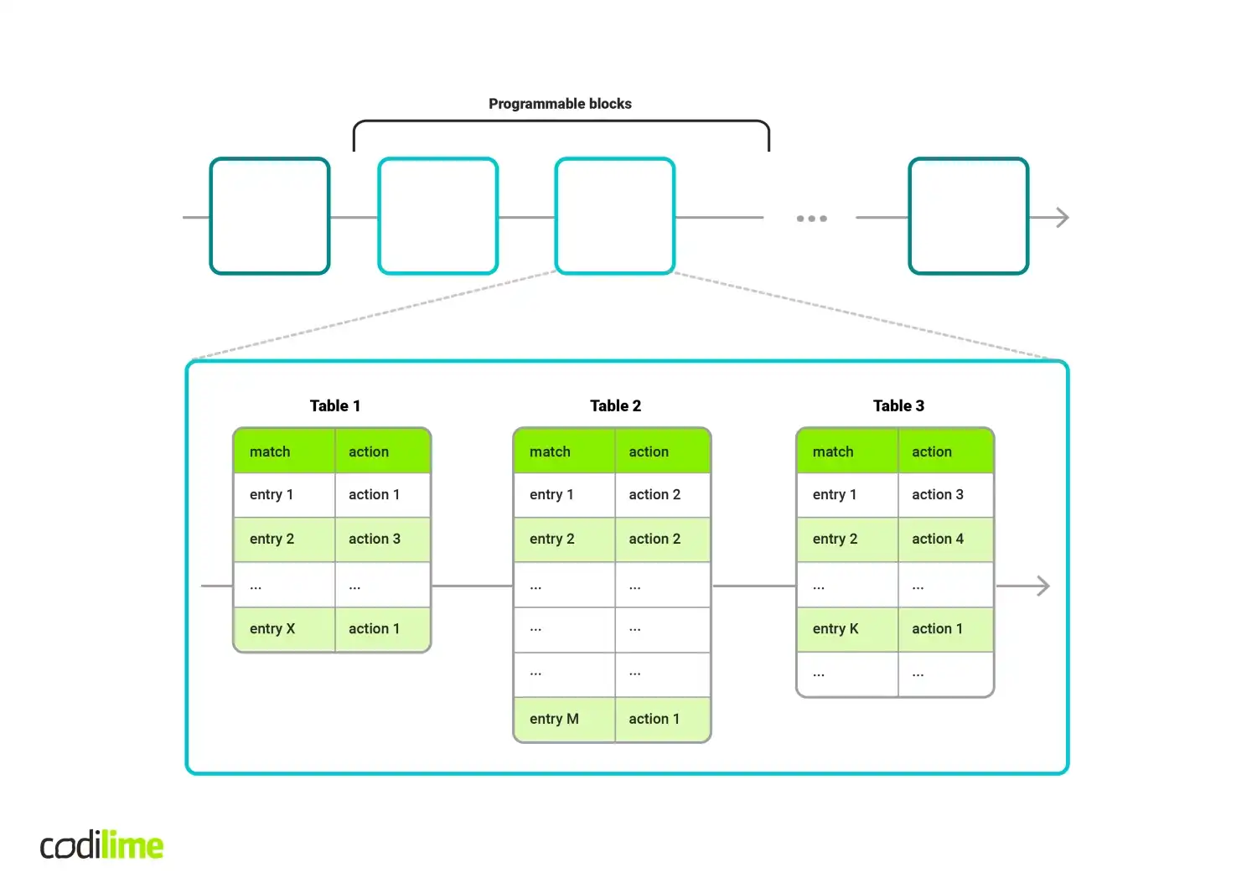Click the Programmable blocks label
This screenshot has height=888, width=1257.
pos(560,104)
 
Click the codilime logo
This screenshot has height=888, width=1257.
pos(101,845)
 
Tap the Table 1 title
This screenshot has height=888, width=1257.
pos(334,405)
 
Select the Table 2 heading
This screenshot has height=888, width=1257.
pos(615,405)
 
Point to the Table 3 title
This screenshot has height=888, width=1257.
pos(898,405)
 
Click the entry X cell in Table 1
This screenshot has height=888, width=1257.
pos(284,629)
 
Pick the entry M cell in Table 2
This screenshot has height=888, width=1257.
pos(564,719)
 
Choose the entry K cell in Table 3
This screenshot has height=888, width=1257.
pos(847,629)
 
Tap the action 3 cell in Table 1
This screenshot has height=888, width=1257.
pos(383,539)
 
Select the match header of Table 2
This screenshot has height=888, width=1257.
pos(564,452)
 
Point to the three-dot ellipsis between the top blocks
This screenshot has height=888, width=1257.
pos(811,219)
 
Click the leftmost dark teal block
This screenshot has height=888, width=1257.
pos(270,216)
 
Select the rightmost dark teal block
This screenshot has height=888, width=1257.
pos(969,216)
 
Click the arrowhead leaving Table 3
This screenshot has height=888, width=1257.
pos(1043,586)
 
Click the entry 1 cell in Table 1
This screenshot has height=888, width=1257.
pos(284,494)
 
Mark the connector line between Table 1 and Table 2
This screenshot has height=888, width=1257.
pos(472,586)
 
